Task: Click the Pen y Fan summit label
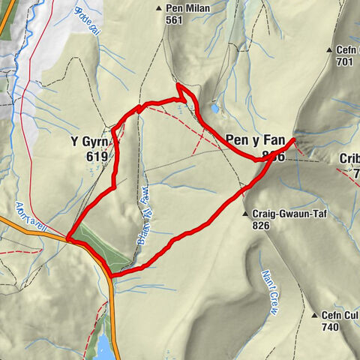[x=254, y=139]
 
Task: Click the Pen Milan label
[x=187, y=9]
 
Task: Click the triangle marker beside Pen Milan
[x=159, y=9]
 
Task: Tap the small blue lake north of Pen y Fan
[x=215, y=109]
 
